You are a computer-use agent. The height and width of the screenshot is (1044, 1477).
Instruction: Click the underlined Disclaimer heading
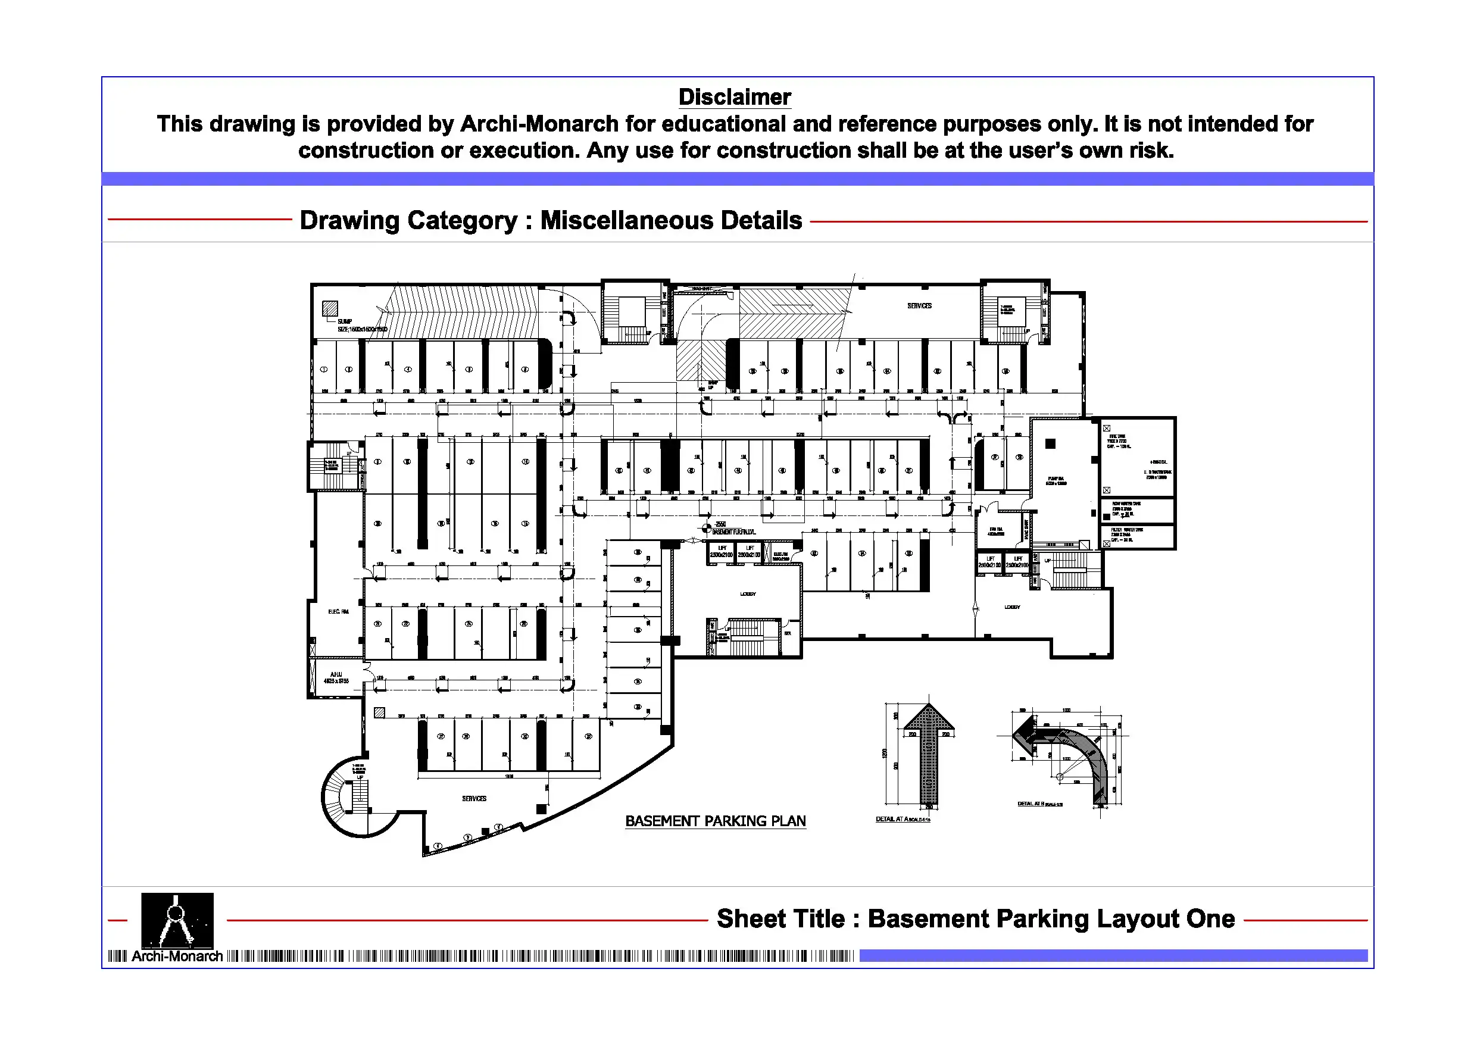[734, 97]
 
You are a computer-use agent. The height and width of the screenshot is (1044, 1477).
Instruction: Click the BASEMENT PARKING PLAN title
[715, 821]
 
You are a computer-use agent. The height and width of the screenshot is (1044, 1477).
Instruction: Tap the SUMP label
[345, 321]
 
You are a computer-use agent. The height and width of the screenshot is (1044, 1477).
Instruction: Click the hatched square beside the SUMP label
[330, 309]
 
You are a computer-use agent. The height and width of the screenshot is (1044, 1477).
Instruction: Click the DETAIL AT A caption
[902, 819]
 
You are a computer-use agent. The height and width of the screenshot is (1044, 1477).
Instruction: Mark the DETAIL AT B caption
[1039, 804]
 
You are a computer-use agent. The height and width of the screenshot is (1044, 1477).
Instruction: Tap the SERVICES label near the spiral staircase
[474, 798]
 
